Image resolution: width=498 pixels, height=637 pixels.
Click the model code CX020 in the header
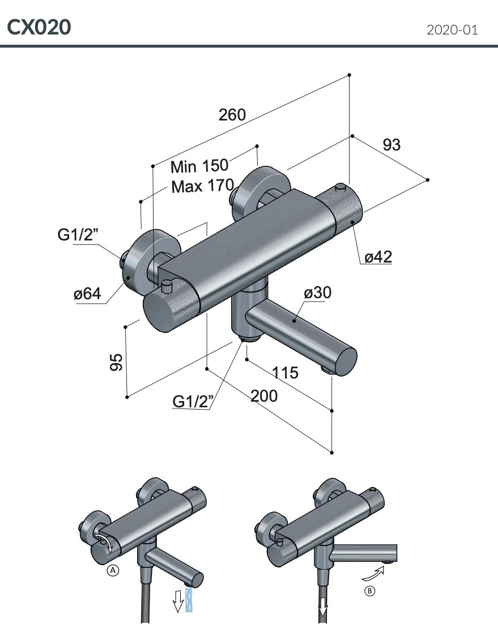(x=39, y=27)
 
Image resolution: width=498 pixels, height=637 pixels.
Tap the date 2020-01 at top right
(x=452, y=30)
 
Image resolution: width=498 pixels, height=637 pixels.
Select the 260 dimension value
(x=232, y=115)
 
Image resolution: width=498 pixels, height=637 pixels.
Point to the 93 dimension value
(x=391, y=145)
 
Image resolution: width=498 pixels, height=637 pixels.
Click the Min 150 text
(x=199, y=166)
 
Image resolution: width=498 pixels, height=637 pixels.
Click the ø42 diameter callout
(x=378, y=257)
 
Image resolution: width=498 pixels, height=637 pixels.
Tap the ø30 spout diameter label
(x=317, y=292)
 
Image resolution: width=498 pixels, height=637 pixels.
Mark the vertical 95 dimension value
(x=116, y=361)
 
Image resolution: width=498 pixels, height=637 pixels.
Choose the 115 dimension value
(x=285, y=373)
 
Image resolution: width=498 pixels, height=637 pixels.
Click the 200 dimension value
(x=264, y=396)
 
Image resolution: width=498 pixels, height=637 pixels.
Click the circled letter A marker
(x=113, y=571)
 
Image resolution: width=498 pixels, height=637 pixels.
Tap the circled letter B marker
(x=369, y=591)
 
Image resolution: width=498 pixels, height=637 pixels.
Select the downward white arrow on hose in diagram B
(x=323, y=608)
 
